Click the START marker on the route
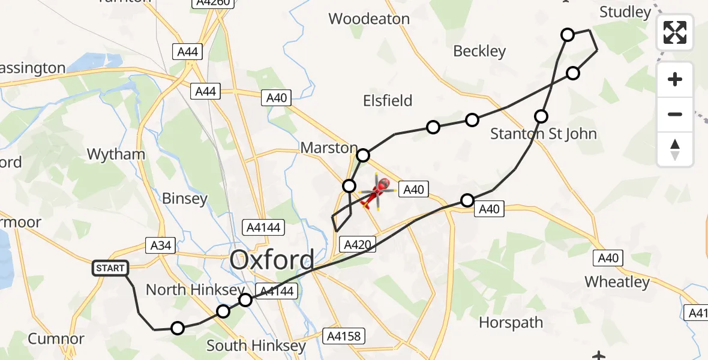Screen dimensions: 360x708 pos(110,268)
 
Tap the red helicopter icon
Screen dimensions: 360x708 pos(378,192)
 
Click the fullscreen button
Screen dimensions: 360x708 pos(675,32)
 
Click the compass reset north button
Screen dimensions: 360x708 pos(675,149)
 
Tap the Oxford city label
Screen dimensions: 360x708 pos(272,260)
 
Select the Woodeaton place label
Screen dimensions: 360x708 pos(369,19)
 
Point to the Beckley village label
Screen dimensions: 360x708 pos(479,52)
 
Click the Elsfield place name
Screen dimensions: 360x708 pos(388,101)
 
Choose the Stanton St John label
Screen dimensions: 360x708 pos(544,133)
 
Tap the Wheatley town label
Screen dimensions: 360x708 pos(617,282)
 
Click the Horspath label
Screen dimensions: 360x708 pos(511,323)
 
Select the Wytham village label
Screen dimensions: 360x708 pos(116,154)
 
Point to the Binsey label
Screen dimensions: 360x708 pos(185,199)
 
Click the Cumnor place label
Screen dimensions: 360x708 pos(56,339)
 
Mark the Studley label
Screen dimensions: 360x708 pos(625,13)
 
